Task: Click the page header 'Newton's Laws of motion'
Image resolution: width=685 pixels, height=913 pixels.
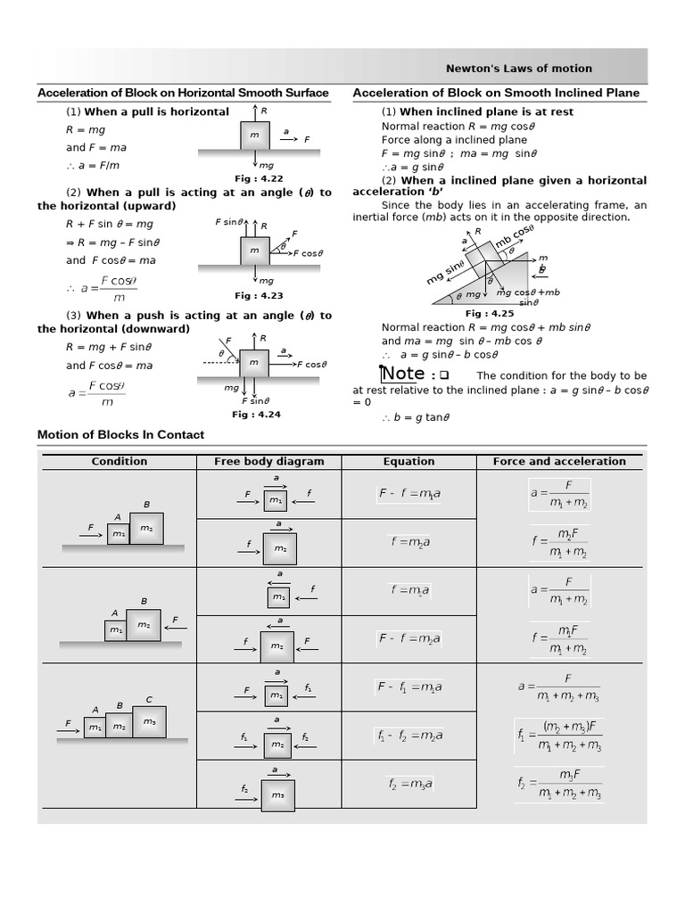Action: click(x=518, y=69)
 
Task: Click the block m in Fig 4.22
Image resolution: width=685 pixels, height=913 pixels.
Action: click(x=255, y=136)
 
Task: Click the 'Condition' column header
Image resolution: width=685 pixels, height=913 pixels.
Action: click(x=120, y=461)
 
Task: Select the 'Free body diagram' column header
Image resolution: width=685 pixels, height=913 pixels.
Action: click(x=269, y=461)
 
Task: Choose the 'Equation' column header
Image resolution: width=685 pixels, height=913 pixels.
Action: click(x=409, y=461)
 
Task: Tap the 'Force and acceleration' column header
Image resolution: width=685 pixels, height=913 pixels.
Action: click(x=559, y=461)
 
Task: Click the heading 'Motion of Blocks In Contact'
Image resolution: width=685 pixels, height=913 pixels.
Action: click(x=120, y=434)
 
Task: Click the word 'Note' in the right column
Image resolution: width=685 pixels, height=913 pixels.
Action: click(x=402, y=374)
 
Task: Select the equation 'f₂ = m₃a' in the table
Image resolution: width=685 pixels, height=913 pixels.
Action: click(x=410, y=784)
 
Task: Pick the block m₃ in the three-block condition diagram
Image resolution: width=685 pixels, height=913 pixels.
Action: click(x=149, y=721)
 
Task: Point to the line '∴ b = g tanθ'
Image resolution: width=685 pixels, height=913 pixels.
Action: click(x=416, y=416)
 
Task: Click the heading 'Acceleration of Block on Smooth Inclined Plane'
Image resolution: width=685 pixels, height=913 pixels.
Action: click(x=496, y=93)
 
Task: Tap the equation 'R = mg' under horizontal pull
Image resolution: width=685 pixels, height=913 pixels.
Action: click(x=86, y=130)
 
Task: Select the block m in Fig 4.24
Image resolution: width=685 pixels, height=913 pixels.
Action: click(x=254, y=362)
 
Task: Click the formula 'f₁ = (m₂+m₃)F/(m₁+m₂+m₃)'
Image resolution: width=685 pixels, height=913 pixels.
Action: click(x=560, y=736)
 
